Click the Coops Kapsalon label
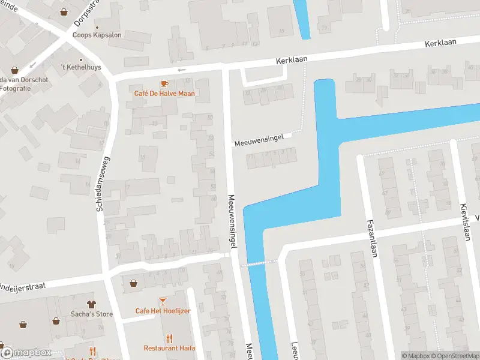[x=97, y=35]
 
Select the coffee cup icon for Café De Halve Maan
[x=164, y=83]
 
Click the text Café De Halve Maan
[x=164, y=94]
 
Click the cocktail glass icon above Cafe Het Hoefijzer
[x=163, y=300]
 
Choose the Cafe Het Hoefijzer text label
[x=163, y=311]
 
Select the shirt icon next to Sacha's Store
[x=91, y=304]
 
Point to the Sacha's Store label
[x=91, y=314]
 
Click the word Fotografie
[x=16, y=88]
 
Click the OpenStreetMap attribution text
[x=455, y=356]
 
